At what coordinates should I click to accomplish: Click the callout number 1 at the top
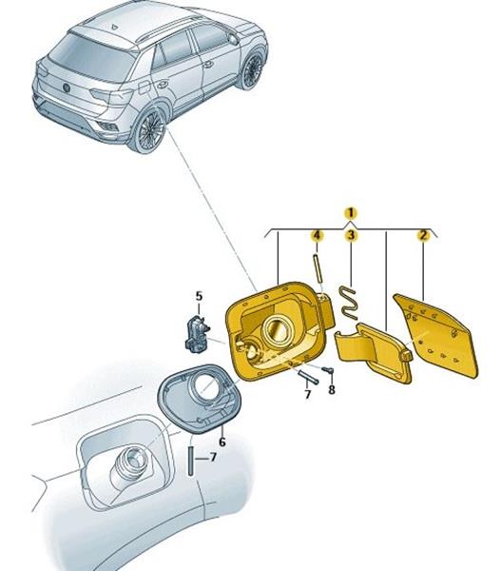click(350, 213)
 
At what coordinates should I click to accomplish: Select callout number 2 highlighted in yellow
click(423, 235)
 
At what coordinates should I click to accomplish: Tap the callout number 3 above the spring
click(351, 235)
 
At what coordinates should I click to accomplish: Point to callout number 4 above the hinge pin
click(317, 235)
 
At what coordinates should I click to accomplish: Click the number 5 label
click(199, 296)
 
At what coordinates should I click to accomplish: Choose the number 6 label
click(222, 442)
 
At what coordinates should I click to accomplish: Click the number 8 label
click(332, 389)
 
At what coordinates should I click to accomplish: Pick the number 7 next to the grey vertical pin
click(213, 457)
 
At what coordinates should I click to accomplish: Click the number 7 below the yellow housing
click(308, 394)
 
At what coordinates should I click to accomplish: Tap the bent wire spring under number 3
click(349, 303)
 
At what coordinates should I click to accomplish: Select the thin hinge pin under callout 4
click(317, 268)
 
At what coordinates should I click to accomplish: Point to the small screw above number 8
click(327, 371)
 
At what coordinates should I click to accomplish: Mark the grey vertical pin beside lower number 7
click(190, 461)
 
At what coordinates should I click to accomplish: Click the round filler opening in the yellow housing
click(277, 330)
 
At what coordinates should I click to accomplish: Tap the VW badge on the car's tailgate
click(67, 88)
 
